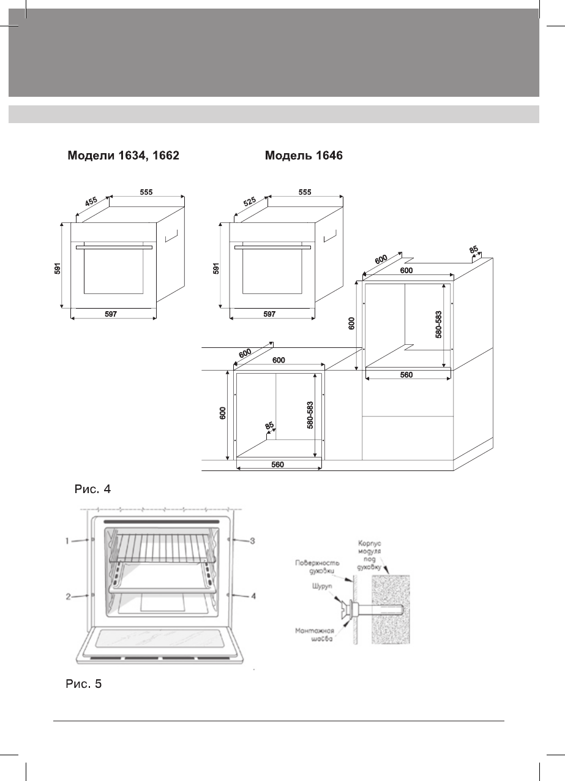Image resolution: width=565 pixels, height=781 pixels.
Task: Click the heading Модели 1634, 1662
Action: click(122, 156)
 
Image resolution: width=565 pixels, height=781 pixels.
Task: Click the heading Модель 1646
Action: click(304, 156)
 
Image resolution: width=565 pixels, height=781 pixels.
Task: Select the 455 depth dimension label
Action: click(91, 204)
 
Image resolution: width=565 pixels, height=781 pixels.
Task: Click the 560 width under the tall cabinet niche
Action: click(406, 375)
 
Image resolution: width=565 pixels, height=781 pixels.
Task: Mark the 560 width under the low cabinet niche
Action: click(278, 464)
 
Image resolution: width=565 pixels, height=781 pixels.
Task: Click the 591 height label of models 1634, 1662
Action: click(58, 268)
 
